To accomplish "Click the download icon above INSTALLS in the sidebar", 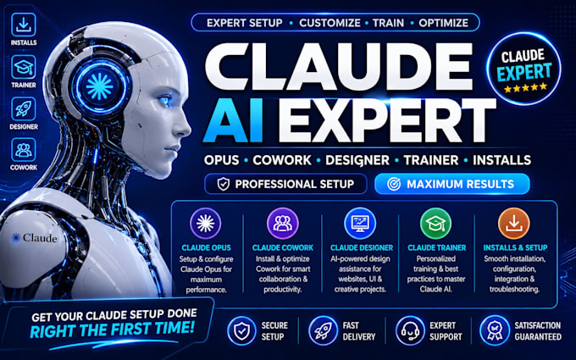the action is point(24,25).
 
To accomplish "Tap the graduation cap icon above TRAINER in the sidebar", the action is point(24,67).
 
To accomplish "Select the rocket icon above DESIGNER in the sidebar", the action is point(24,108).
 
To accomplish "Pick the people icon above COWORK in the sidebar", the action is point(24,150).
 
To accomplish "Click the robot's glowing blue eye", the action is point(164,100).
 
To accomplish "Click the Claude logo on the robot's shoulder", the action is point(34,238).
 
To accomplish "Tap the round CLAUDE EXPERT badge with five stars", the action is point(523,69).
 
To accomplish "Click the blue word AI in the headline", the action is point(233,121).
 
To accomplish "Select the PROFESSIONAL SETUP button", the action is point(285,184).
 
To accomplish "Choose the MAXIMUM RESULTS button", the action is point(451,184).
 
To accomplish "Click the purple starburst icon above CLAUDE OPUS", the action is point(205,224).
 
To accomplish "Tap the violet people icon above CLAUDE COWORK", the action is point(282,224).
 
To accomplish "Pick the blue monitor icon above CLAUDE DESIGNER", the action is point(360,224).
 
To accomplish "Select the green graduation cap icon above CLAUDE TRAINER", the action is point(436,224).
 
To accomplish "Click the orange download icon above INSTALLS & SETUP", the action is point(514,224).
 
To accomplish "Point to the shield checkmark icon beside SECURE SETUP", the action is point(241,330).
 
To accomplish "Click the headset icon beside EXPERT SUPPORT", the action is point(410,330).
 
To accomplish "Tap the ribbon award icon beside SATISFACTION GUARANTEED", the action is point(495,330).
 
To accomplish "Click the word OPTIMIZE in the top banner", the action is point(443,23).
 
